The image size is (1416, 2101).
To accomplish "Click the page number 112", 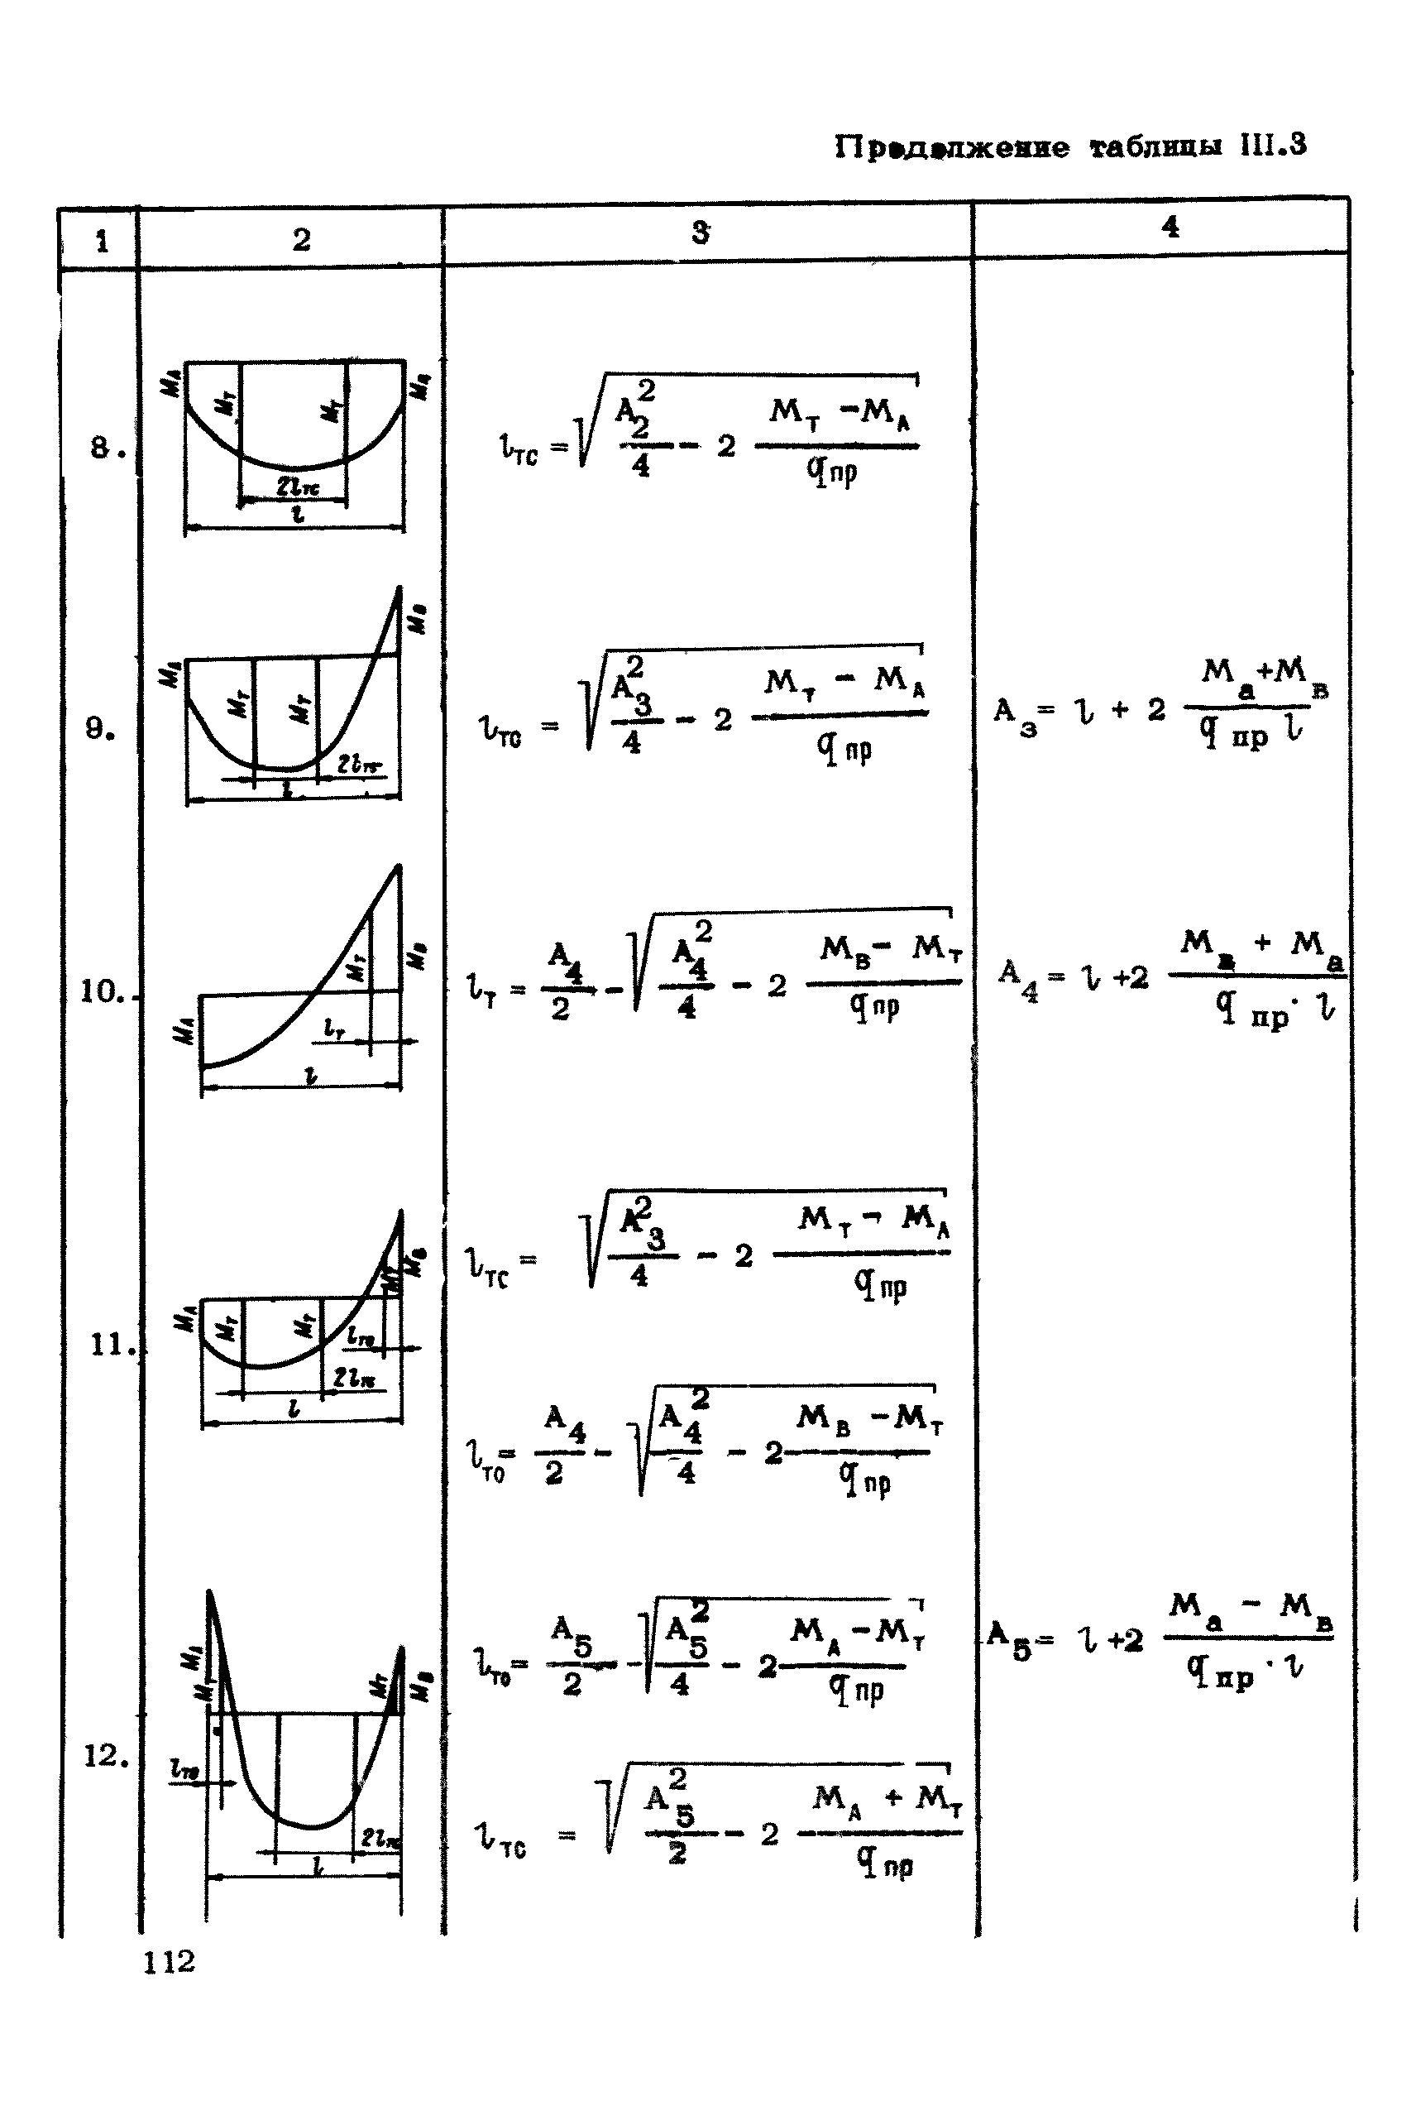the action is click(169, 1961).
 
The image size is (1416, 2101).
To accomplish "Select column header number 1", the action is click(101, 241).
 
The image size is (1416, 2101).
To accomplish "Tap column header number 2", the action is click(301, 239).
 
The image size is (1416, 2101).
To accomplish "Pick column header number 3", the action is click(700, 233).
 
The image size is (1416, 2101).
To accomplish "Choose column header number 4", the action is click(1170, 226).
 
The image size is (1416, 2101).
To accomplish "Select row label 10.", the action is click(103, 992).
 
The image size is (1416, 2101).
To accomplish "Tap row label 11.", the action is click(110, 1345).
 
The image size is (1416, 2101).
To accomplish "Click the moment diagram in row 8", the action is click(294, 443).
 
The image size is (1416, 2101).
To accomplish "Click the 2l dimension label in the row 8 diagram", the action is click(297, 487).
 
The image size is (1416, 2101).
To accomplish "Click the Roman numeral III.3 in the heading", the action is click(1272, 146).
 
